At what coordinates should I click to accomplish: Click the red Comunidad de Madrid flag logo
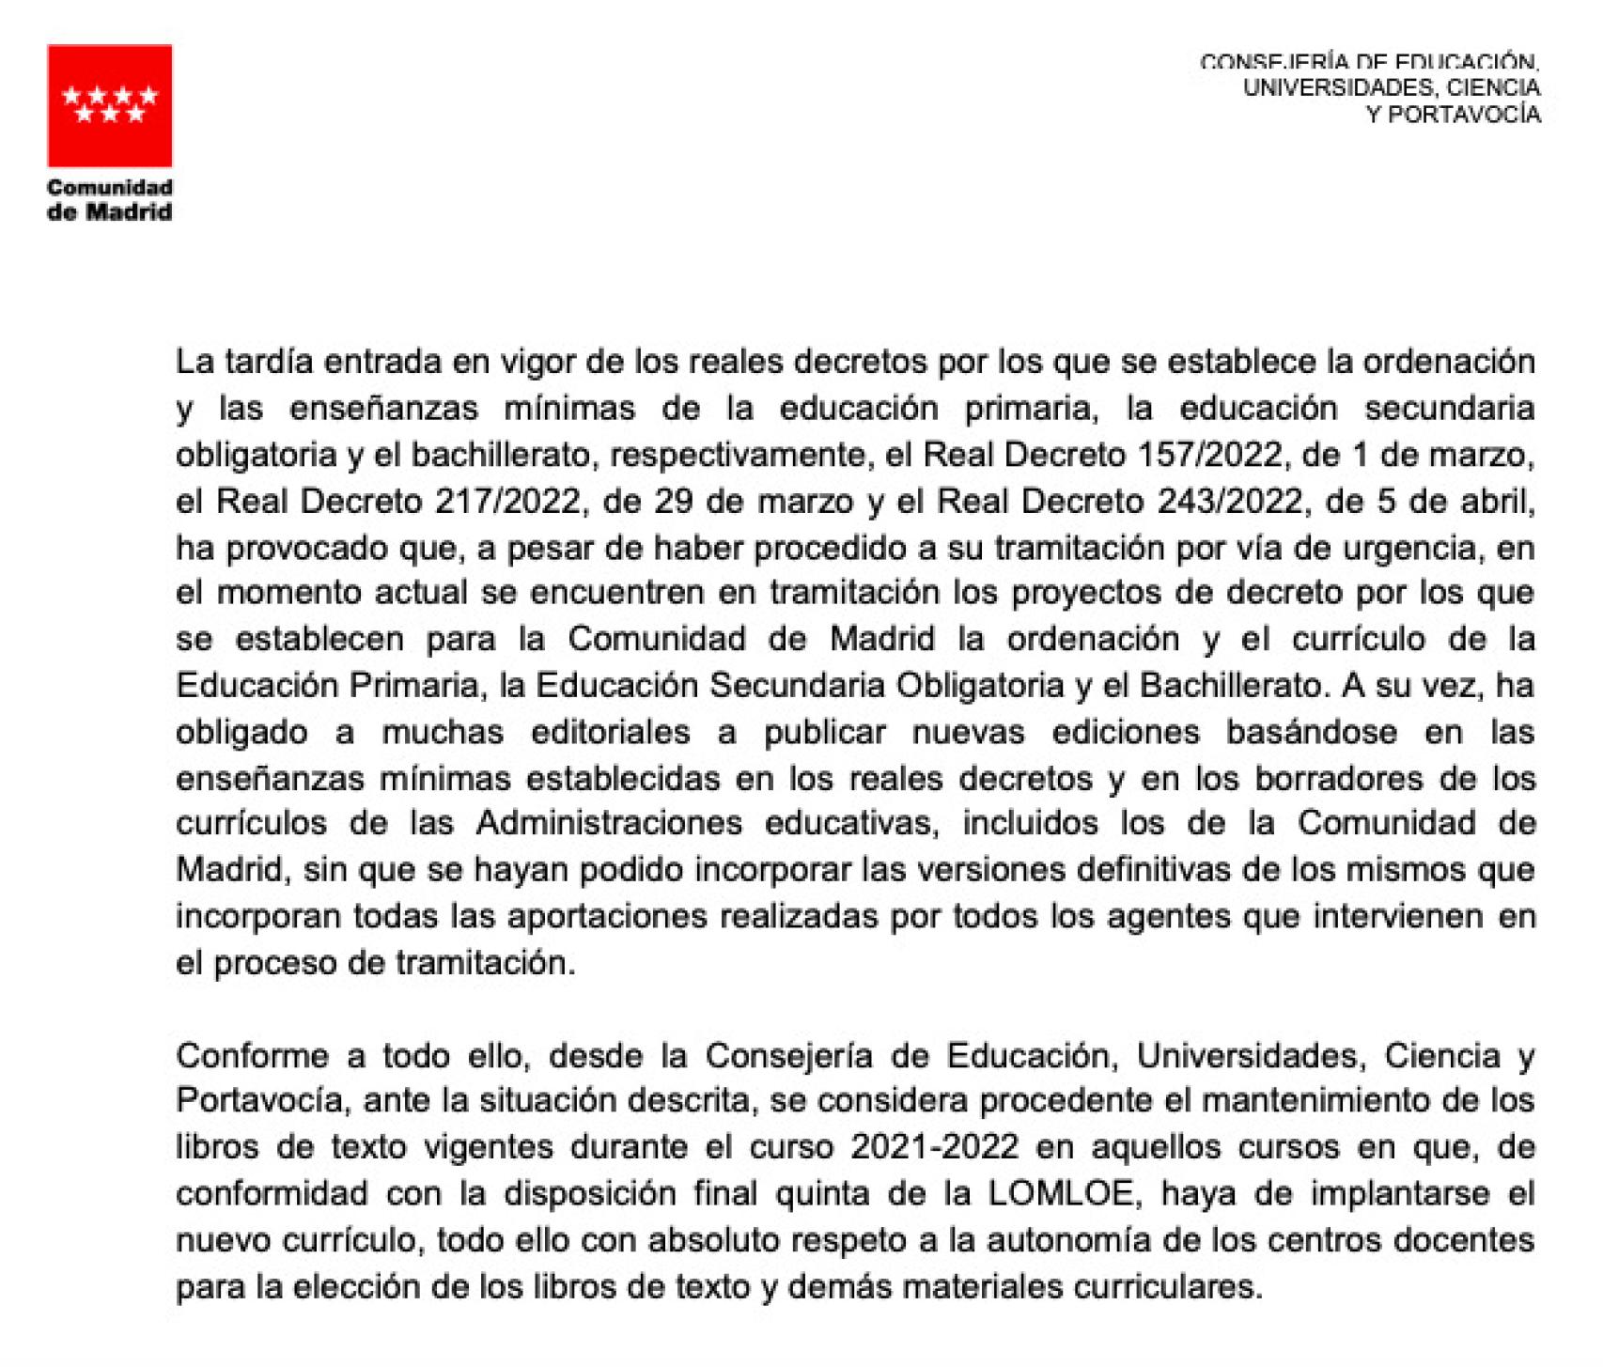(109, 105)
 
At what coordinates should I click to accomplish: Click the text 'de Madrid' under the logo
(109, 211)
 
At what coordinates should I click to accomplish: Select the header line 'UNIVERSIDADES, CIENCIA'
(1391, 87)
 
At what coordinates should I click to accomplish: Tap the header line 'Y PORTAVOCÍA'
(1453, 114)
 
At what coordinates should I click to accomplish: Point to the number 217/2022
(507, 501)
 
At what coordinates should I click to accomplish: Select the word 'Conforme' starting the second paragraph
(253, 1055)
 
